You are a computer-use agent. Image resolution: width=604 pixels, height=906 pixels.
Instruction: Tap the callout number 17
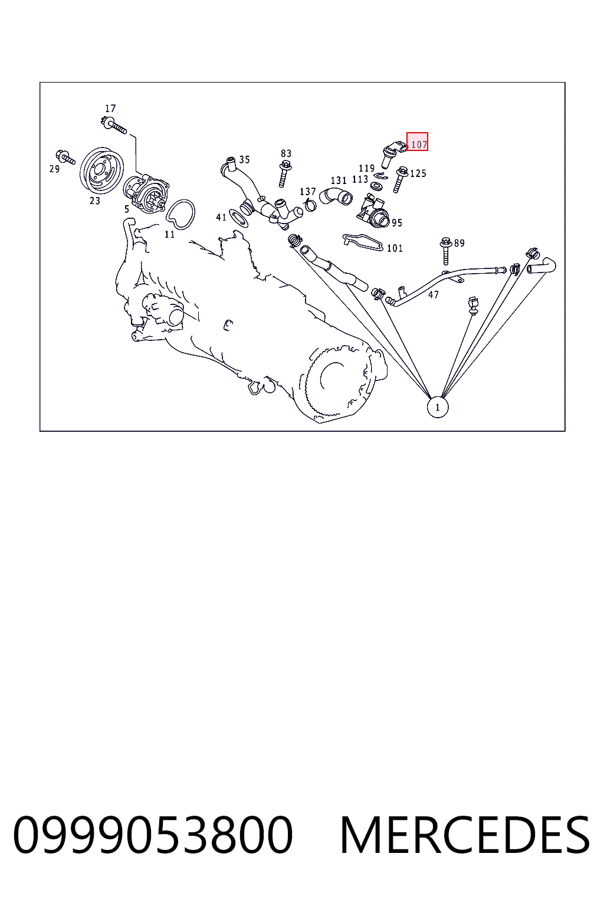click(110, 109)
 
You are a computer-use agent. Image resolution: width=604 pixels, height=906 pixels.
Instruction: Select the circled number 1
click(437, 408)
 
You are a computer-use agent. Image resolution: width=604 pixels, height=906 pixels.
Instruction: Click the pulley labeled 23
click(101, 170)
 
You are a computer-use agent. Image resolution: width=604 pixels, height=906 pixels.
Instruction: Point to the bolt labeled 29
click(65, 157)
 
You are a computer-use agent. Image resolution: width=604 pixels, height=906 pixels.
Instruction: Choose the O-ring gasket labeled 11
click(180, 214)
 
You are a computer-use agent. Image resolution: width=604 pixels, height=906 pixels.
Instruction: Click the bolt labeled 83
click(285, 174)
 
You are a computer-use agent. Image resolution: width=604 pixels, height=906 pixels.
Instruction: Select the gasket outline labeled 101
click(363, 242)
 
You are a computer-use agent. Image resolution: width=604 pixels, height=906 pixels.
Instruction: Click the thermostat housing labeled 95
click(373, 211)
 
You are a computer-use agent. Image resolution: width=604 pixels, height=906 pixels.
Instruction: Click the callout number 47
click(434, 295)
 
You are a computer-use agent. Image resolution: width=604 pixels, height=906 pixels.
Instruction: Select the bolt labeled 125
click(400, 179)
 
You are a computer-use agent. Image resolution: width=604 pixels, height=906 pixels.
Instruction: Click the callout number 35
click(244, 159)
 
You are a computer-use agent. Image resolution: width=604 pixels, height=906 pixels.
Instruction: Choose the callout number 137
click(307, 191)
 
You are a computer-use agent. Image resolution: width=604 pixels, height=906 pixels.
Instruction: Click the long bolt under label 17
click(114, 125)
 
